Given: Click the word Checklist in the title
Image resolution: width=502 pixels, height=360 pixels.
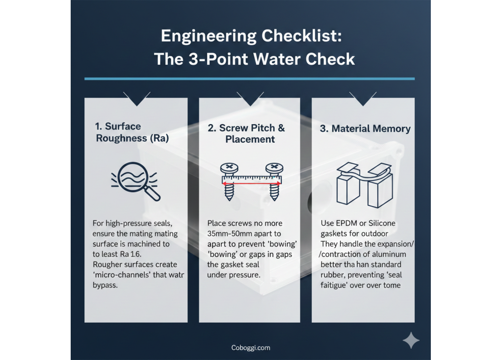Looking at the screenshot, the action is (301, 36).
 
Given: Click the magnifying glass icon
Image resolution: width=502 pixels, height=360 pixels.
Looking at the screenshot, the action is (135, 181).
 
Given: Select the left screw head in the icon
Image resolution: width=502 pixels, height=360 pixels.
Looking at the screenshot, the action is (229, 167).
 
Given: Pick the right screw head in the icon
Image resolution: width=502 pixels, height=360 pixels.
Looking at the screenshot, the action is (274, 167).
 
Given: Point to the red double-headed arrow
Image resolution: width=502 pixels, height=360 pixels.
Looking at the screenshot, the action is (252, 183).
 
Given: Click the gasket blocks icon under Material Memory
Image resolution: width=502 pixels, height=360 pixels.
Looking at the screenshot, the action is (364, 184).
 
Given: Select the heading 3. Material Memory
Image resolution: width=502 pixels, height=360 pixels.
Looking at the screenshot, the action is (365, 129).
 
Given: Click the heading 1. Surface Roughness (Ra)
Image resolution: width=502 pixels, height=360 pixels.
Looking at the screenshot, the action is (132, 132).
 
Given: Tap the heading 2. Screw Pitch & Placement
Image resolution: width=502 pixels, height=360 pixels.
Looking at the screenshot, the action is (246, 133).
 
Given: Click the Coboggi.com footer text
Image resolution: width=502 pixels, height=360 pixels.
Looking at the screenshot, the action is (251, 348).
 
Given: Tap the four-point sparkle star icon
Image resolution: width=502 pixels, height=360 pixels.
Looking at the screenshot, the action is (411, 340).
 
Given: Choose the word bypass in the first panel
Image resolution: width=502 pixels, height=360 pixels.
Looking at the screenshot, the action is (105, 285).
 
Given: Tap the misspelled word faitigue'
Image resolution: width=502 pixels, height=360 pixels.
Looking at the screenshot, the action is (334, 285).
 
